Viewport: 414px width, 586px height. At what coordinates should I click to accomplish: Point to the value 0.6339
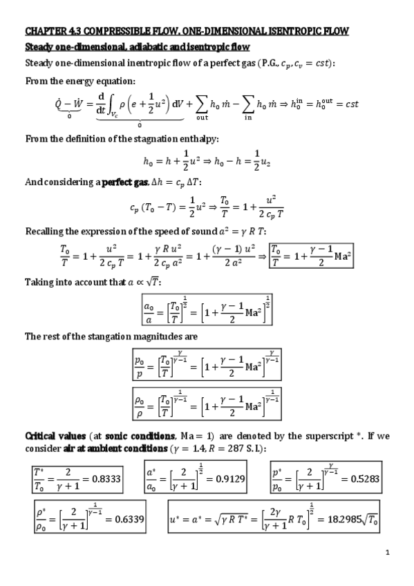tap(126, 520)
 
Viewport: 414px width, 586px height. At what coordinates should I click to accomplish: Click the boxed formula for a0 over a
tap(207, 310)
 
